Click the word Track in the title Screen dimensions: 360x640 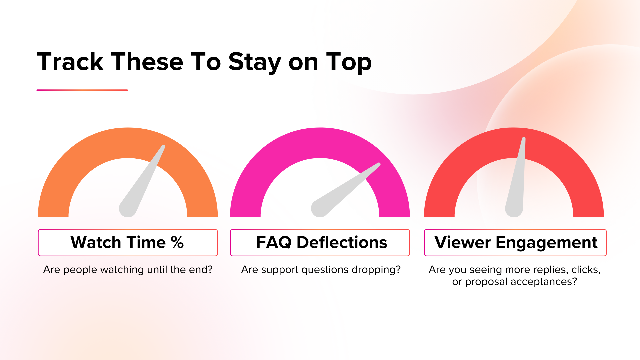70,62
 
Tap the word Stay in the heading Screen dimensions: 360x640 255,62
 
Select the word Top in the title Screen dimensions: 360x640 349,62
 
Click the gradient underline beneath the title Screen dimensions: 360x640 82,90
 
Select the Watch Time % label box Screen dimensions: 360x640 128,243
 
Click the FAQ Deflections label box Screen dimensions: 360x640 320,243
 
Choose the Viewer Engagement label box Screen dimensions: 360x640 515,243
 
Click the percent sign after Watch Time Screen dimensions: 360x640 177,243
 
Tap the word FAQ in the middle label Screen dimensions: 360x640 274,243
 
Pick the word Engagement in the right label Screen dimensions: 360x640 547,243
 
